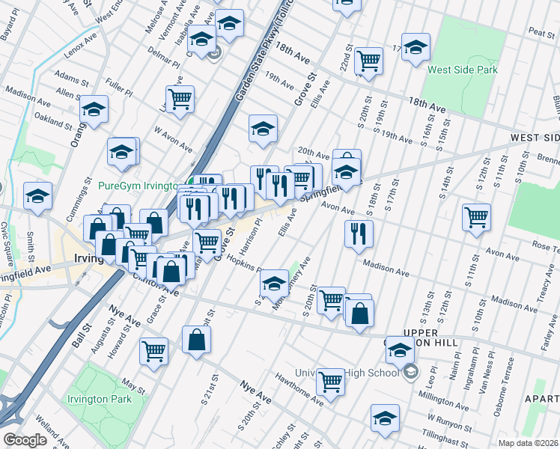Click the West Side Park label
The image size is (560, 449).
click(462, 70)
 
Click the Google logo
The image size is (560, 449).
click(25, 440)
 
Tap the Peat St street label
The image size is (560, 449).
click(540, 32)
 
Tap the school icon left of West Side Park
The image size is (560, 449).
click(416, 47)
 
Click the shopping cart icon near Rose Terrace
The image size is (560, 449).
click(476, 217)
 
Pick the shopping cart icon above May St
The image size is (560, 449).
click(154, 349)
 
